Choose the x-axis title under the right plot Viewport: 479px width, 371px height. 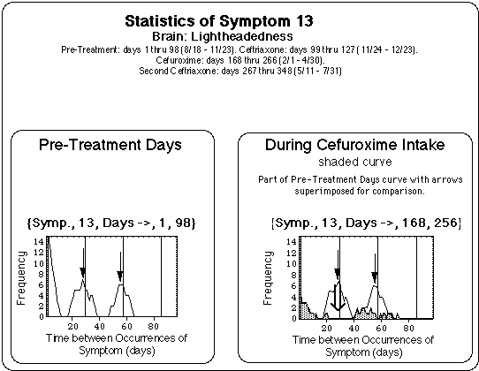[x=353, y=344]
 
